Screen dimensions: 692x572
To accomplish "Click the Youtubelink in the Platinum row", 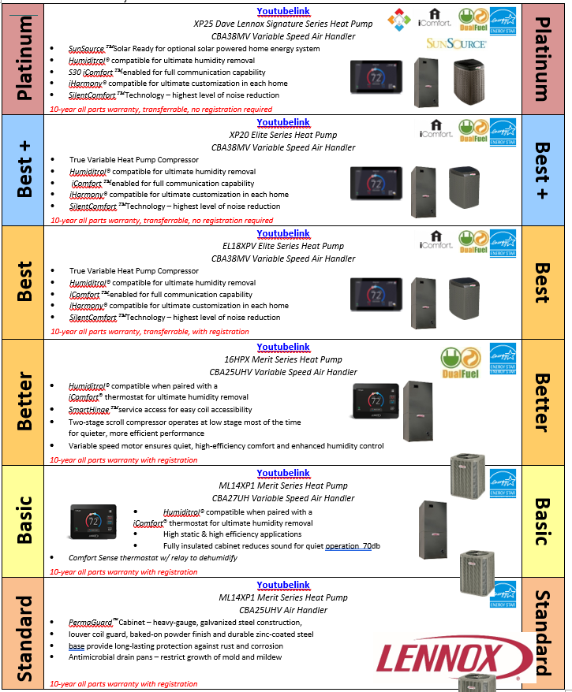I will pos(283,12).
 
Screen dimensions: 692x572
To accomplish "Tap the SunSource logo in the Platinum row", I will pos(456,43).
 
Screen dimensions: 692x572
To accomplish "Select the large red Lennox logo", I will pos(450,657).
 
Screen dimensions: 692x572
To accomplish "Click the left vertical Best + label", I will pos(25,170).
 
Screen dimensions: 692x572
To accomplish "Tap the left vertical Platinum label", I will pos(25,58).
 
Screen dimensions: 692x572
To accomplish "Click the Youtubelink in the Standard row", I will pos(283,586).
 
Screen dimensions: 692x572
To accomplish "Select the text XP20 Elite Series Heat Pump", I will pos(283,135).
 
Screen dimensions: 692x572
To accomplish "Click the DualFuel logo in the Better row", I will pos(458,361).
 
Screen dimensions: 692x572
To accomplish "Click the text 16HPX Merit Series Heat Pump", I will pos(283,360).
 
